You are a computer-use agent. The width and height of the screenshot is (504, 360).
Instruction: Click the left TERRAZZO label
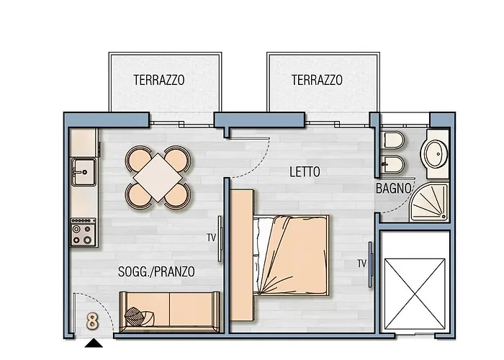[158, 81]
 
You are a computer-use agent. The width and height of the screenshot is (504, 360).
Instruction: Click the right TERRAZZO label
[317, 81]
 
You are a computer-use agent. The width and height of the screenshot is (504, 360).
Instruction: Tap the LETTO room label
[305, 173]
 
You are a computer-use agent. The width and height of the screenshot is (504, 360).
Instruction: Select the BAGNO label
[394, 189]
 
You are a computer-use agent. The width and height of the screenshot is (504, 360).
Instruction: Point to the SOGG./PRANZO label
[156, 271]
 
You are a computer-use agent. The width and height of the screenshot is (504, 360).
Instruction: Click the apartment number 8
[92, 321]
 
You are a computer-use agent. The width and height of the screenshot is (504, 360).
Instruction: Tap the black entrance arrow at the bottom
[93, 343]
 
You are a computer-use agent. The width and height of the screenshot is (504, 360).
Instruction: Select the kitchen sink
[83, 171]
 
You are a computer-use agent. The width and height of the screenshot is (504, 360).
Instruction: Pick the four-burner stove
[83, 233]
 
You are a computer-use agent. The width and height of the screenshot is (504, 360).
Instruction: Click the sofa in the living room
[169, 310]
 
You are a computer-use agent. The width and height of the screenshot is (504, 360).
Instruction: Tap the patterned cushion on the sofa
[137, 315]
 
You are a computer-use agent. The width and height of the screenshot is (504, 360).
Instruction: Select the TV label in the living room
[211, 237]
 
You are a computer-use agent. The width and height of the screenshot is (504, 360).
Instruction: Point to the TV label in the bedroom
[361, 264]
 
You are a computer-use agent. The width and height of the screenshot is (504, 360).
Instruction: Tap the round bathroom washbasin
[436, 153]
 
